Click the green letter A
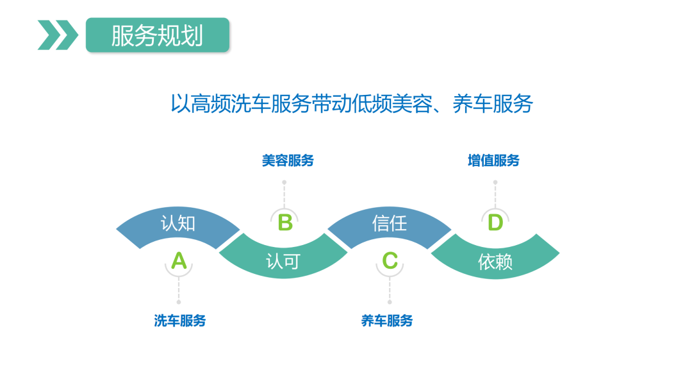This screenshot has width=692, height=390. [179, 261]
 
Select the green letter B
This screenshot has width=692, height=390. [284, 223]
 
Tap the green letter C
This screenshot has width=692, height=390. [390, 261]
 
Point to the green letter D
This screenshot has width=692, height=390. [495, 223]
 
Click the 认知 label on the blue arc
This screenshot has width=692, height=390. [178, 223]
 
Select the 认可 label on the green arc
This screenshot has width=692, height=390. [283, 262]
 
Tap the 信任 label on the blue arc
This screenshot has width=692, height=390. [390, 223]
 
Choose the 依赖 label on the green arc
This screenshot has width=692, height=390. [495, 262]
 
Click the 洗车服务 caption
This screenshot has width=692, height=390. [180, 321]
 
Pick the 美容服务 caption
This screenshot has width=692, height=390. [288, 160]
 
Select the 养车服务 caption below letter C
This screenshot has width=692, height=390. [387, 321]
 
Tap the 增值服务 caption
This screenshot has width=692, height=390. [493, 160]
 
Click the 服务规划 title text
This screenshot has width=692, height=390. [157, 35]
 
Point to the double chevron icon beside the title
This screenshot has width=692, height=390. [58, 35]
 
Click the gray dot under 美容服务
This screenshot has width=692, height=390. [284, 182]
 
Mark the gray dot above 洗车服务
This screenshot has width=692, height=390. [179, 301]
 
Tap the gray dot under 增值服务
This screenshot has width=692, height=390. [495, 182]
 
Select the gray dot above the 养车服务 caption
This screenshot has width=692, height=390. [390, 301]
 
